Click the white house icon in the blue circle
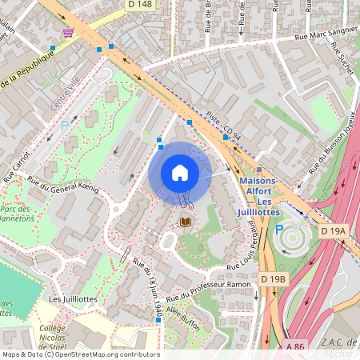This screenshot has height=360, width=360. click(180, 173)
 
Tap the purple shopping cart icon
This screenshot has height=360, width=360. click(68, 32)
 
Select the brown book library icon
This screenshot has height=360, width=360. click(186, 222)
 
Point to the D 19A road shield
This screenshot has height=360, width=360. click(334, 230)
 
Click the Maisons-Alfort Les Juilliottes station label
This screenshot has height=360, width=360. click(259, 196)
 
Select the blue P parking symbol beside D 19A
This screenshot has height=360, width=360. click(279, 230)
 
